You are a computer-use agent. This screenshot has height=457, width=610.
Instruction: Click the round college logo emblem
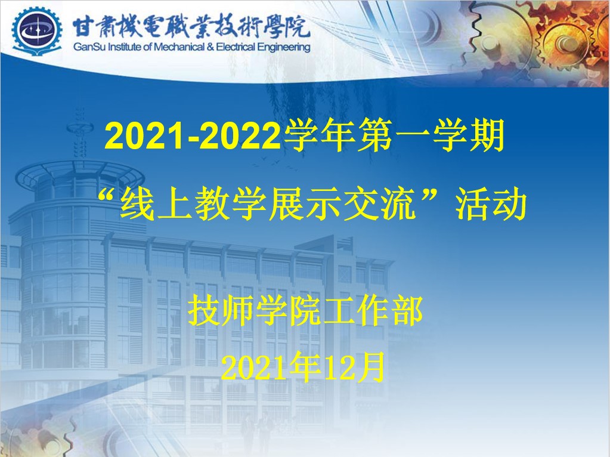[x=36, y=31]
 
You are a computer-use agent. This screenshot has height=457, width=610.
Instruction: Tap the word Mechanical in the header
[x=178, y=47]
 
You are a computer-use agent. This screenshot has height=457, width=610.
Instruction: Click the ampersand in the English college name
[x=210, y=47]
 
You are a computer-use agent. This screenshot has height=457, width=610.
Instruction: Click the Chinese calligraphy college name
[x=191, y=27]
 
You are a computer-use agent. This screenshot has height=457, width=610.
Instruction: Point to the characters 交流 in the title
[x=380, y=205]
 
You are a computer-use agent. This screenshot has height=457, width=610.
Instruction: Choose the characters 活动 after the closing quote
[x=491, y=205]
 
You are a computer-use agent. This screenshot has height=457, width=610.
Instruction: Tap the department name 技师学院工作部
[x=305, y=311]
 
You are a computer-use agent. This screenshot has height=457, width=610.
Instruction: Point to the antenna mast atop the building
[x=80, y=132]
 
